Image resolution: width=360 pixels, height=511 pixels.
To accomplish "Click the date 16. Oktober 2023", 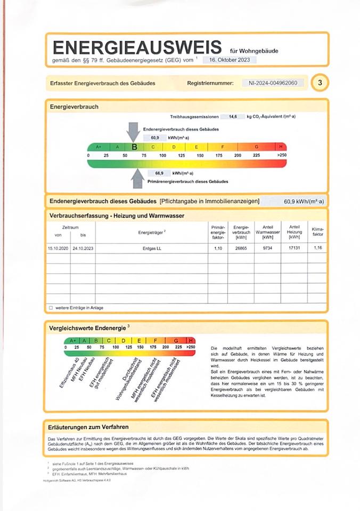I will (x=230, y=60).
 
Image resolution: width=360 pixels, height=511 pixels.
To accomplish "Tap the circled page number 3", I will (x=320, y=83).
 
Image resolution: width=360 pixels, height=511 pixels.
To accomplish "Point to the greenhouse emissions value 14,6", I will (x=233, y=116).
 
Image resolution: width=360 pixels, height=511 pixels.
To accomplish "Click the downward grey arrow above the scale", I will (x=133, y=131).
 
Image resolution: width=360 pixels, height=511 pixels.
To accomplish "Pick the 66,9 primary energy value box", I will (x=159, y=173).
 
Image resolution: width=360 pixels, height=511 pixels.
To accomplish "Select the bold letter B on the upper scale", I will (x=134, y=147).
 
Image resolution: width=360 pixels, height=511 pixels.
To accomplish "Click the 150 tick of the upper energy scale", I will (x=200, y=155).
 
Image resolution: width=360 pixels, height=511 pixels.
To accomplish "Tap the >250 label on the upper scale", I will (x=281, y=155).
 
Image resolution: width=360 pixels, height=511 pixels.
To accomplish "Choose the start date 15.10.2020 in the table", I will (x=58, y=249).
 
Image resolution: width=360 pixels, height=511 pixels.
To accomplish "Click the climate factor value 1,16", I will (x=318, y=249).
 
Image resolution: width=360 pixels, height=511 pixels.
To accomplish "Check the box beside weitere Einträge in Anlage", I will (x=51, y=308).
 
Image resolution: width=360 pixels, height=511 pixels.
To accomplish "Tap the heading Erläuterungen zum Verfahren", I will (x=88, y=427).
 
